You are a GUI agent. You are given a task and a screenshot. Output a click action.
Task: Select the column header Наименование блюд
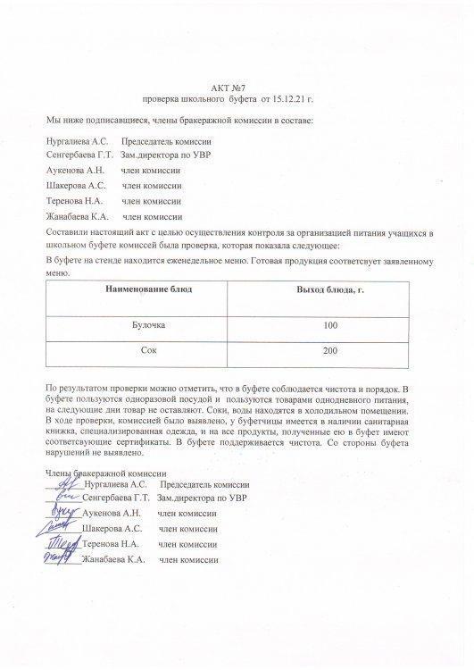[148, 291]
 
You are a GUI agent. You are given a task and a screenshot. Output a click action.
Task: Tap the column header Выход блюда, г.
[329, 291]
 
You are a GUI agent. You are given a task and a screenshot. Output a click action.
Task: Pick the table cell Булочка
[148, 325]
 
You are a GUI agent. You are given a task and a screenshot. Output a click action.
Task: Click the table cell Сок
[148, 350]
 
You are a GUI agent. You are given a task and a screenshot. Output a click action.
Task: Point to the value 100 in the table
[330, 325]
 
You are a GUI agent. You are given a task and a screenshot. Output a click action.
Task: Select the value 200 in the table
[330, 350]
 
